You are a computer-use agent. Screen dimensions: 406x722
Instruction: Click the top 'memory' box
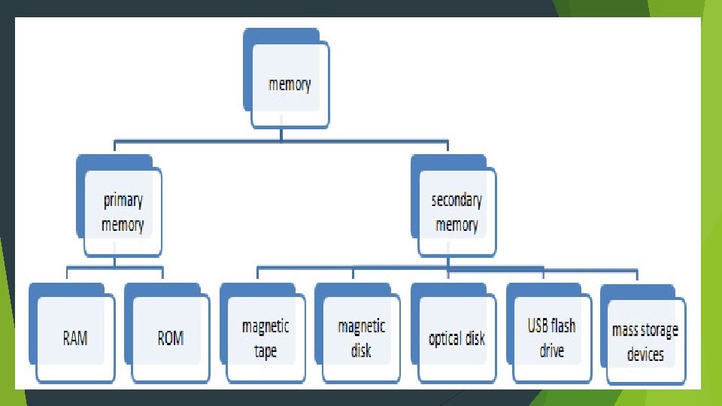(x=290, y=83)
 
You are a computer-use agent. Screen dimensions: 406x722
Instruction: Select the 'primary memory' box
(x=123, y=213)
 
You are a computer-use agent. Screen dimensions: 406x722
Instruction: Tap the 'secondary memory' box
(x=457, y=213)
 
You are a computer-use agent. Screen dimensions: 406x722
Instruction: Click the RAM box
(x=75, y=338)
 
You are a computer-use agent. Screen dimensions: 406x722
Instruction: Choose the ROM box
(x=171, y=338)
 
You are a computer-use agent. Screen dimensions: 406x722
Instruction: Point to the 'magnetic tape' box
(x=265, y=338)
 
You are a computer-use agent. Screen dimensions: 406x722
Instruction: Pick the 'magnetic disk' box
(x=361, y=338)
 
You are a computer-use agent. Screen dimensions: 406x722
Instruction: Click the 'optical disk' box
(x=457, y=338)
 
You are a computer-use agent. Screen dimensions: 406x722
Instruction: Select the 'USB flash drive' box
(x=551, y=338)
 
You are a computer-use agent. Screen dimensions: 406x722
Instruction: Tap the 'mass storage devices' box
(x=645, y=342)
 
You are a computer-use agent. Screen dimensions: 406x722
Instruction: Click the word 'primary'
(x=123, y=201)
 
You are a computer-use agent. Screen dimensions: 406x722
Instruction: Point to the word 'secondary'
(x=457, y=201)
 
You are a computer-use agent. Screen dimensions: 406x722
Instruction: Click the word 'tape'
(x=265, y=351)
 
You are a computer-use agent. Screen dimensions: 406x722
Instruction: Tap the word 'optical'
(x=444, y=339)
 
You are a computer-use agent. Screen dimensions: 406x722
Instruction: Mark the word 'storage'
(x=660, y=330)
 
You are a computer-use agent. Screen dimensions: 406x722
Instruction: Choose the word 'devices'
(x=645, y=354)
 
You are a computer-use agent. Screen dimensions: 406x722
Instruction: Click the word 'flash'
(x=563, y=326)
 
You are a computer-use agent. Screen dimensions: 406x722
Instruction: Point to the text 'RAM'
(x=75, y=338)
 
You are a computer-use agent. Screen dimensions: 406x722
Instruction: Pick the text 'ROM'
(x=171, y=338)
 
